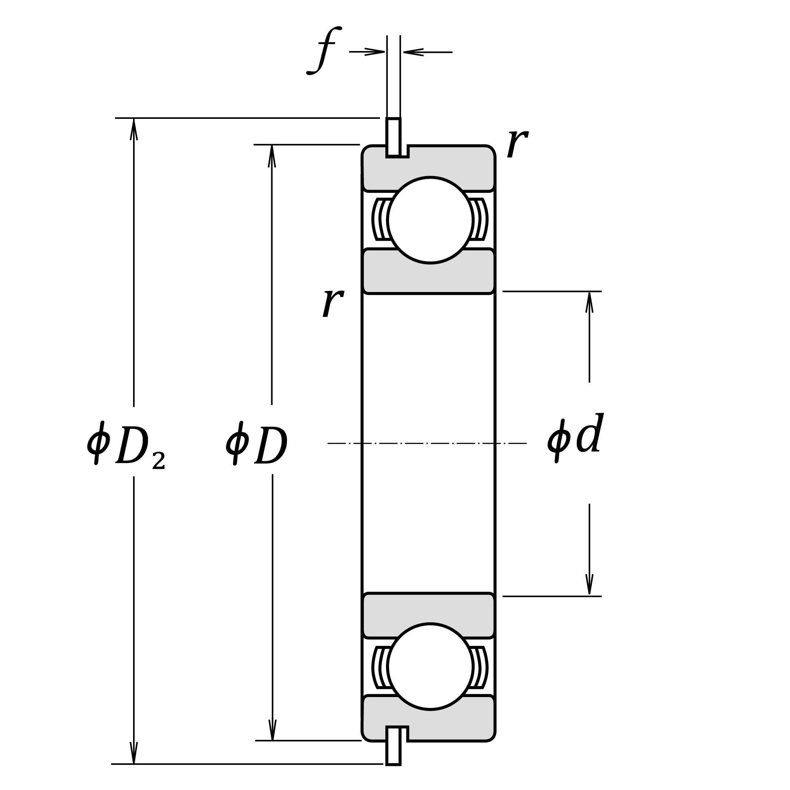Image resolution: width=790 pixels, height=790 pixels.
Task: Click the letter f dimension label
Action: pyautogui.click(x=324, y=51)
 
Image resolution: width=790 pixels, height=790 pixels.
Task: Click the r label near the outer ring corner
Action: pyautogui.click(x=517, y=144)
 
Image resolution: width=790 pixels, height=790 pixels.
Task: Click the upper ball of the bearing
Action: pyautogui.click(x=430, y=220)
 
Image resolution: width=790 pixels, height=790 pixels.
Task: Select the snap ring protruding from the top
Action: pyautogui.click(x=393, y=137)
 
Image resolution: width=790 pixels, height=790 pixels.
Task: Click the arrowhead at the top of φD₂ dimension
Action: pyautogui.click(x=134, y=128)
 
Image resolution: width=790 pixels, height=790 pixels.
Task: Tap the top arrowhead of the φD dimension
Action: pyautogui.click(x=272, y=155)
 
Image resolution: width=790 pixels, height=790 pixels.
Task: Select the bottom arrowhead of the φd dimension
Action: pyautogui.click(x=589, y=584)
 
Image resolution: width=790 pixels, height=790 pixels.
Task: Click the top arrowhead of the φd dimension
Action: pyautogui.click(x=589, y=302)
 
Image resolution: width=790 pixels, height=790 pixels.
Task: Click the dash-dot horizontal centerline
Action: pyautogui.click(x=427, y=443)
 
